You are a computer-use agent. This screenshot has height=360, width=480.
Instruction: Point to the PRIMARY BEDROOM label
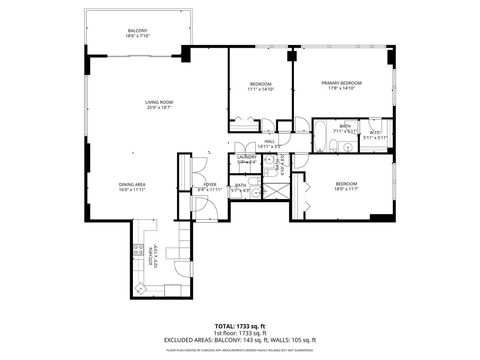tap(341, 83)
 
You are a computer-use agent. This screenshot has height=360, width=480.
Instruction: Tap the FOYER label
tap(210, 184)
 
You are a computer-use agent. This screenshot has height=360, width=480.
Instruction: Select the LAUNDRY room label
tap(247, 157)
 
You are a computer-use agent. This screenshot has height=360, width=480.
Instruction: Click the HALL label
tap(269, 142)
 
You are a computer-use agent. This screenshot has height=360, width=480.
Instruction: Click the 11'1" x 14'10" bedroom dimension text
tap(259, 89)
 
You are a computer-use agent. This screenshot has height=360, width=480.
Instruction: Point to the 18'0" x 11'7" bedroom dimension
tap(346, 189)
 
